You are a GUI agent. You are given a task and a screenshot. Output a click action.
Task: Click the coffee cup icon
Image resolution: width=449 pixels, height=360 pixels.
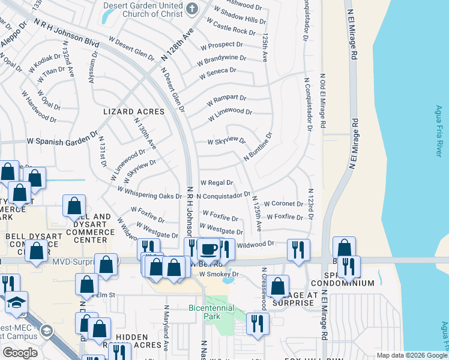click(x=209, y=248)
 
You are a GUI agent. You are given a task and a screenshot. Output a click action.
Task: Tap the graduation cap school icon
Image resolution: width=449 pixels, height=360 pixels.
click(x=16, y=303)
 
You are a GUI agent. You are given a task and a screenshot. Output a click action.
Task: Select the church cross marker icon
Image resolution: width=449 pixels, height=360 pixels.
click(x=191, y=8)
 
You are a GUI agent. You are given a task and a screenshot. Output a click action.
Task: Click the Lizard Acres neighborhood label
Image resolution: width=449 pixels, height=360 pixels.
click(x=134, y=112)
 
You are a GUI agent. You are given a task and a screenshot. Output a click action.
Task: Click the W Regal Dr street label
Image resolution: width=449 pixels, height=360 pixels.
click(x=216, y=182)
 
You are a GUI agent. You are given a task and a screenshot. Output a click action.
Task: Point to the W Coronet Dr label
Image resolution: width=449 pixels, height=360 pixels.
click(x=283, y=204)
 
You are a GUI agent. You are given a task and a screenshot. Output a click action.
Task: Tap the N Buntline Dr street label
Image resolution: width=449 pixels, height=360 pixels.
click(x=258, y=146)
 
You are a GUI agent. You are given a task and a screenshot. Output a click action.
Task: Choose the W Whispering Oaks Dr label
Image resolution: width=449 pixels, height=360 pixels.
click(x=149, y=193)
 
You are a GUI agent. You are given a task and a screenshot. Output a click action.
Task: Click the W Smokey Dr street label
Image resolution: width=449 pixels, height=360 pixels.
click(x=219, y=274)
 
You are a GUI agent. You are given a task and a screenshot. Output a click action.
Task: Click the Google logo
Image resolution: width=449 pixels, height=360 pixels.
click(x=20, y=352)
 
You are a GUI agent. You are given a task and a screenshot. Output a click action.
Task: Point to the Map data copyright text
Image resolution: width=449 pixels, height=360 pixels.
click(x=412, y=355)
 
